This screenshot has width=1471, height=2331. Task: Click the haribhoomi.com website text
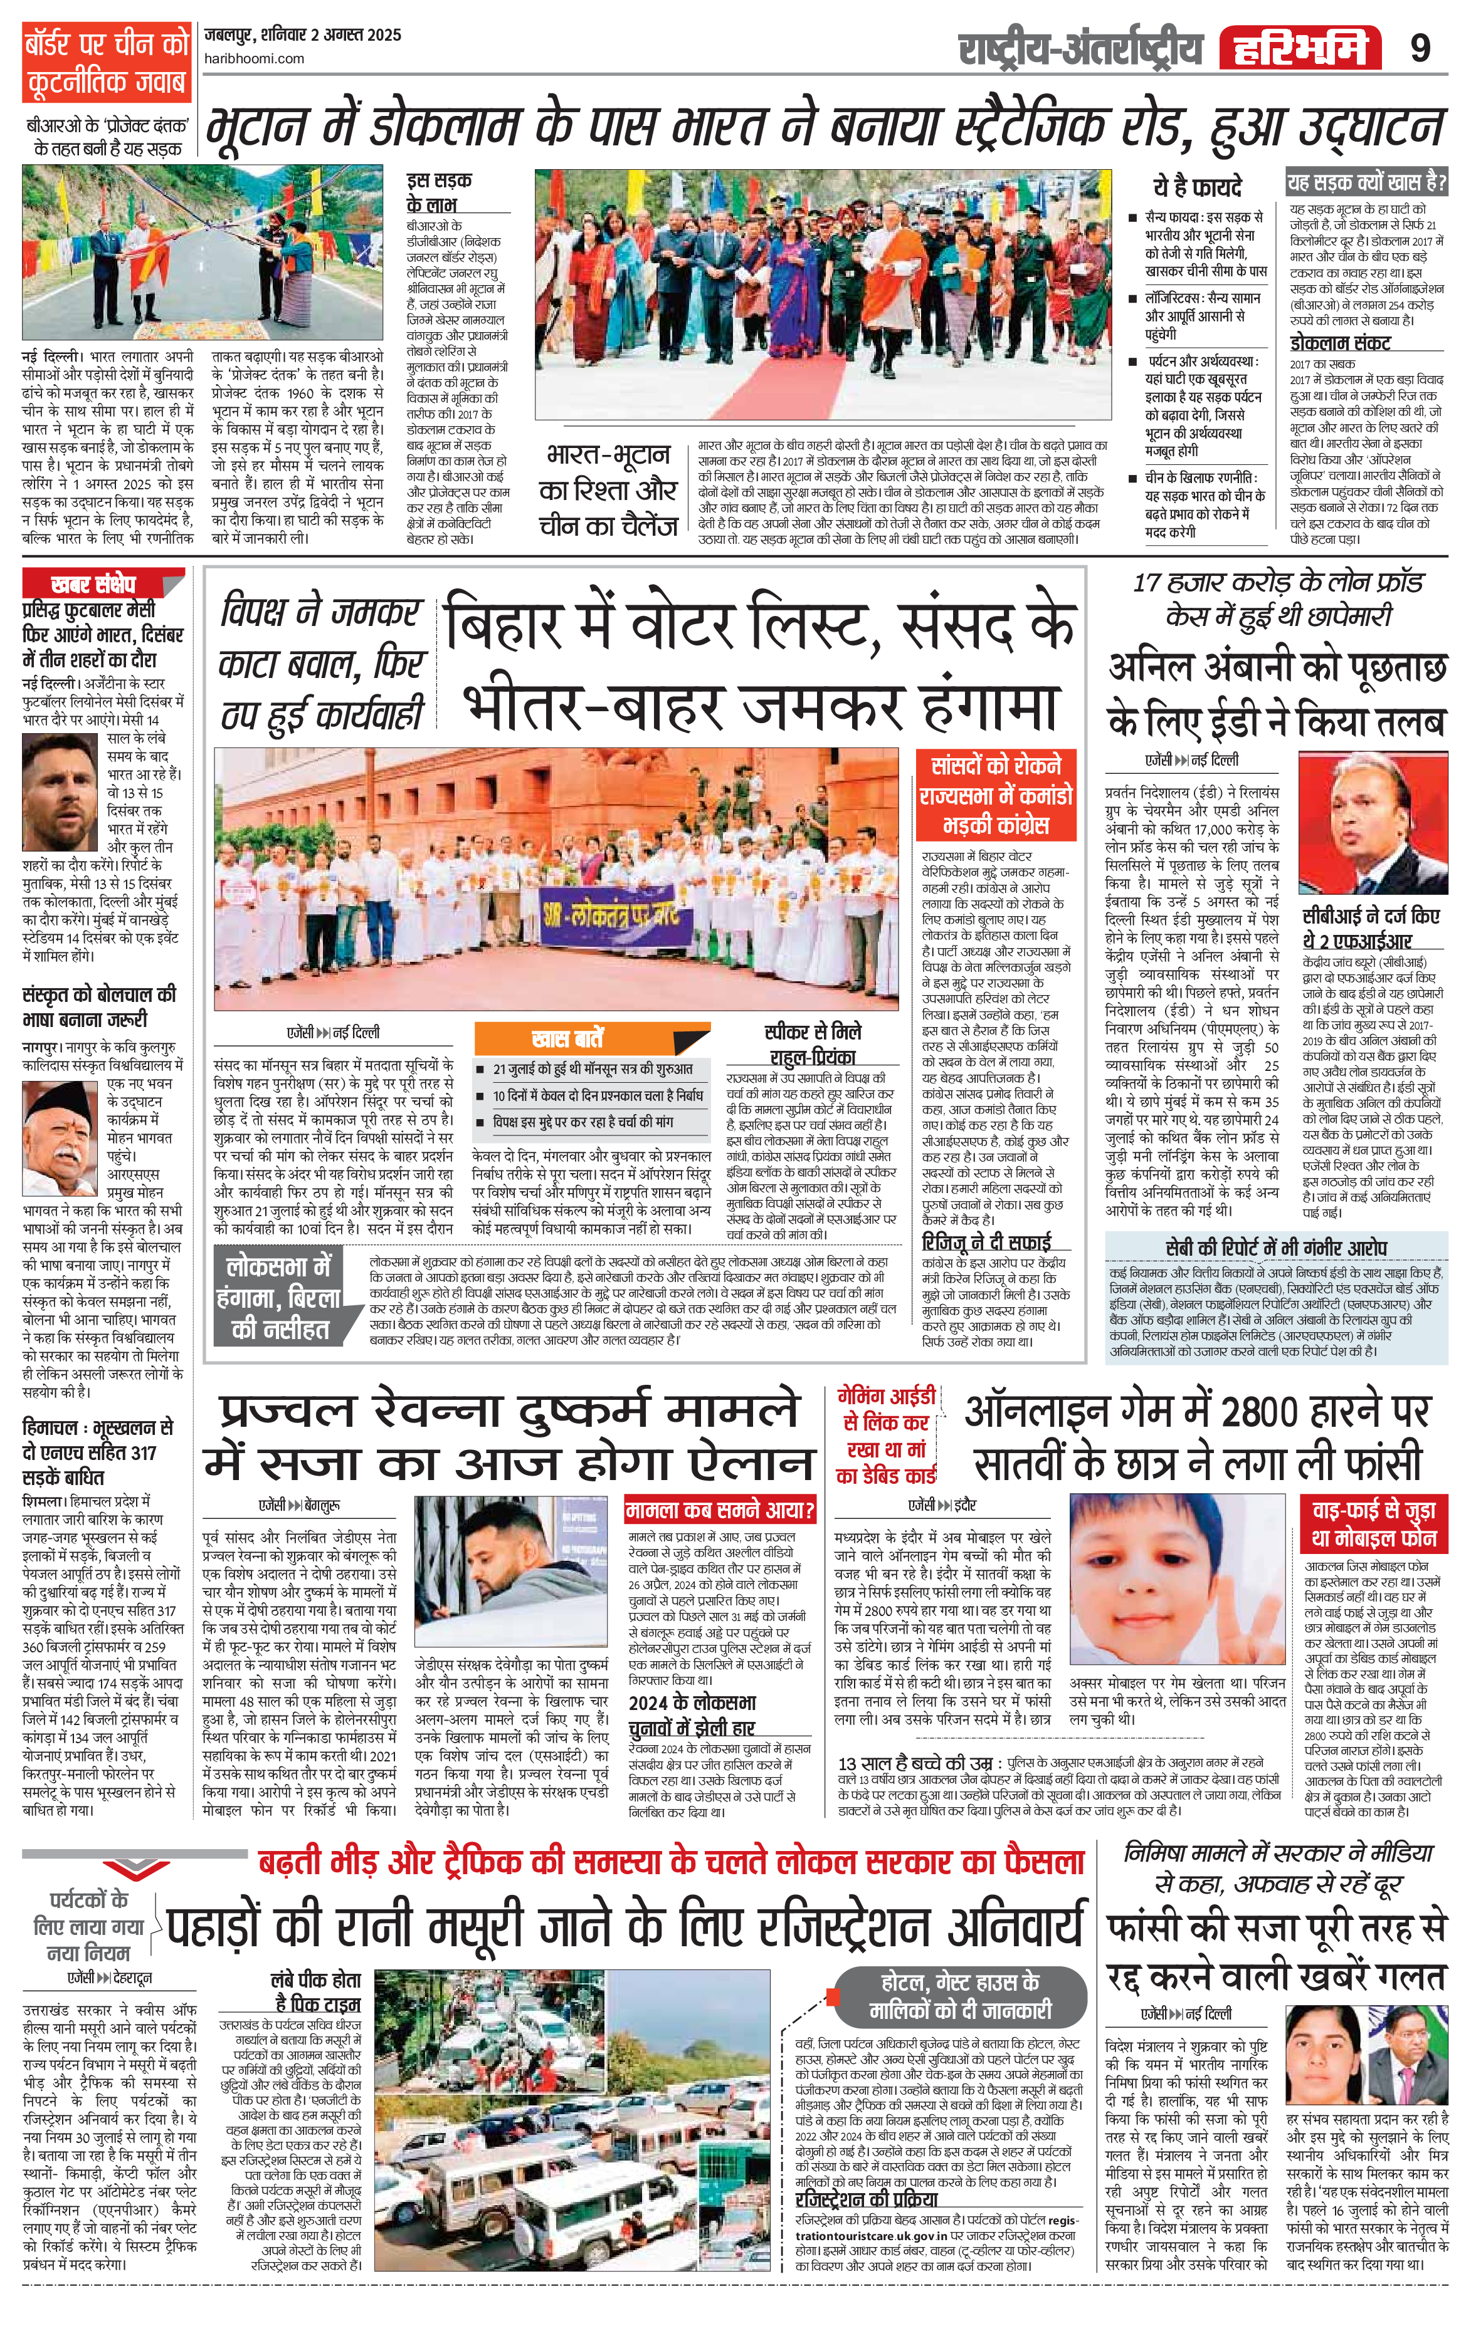pyautogui.click(x=254, y=58)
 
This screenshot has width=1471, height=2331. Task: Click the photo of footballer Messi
pyautogui.click(x=62, y=788)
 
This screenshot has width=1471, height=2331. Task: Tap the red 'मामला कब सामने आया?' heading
pyautogui.click(x=720, y=1509)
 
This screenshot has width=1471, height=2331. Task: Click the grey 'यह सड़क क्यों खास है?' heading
pyautogui.click(x=1366, y=181)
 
